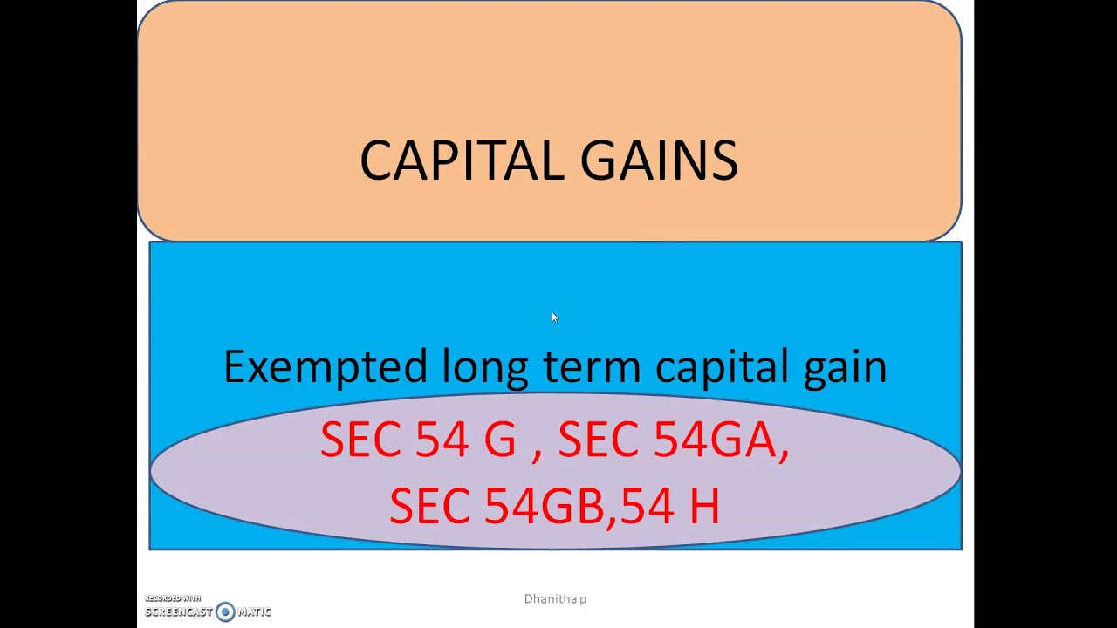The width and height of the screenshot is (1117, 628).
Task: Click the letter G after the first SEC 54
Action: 500,439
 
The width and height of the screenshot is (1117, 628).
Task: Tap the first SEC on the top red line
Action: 361,439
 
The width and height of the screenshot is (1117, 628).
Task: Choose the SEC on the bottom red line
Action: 430,506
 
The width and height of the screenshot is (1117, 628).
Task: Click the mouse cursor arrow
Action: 553,317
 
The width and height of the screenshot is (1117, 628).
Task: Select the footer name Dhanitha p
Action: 555,599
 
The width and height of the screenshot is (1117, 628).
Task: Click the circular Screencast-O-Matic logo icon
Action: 225,611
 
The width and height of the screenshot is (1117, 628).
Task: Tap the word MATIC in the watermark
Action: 254,611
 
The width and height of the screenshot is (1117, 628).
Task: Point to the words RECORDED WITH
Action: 173,598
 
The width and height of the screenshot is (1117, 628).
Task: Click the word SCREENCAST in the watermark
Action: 179,611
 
